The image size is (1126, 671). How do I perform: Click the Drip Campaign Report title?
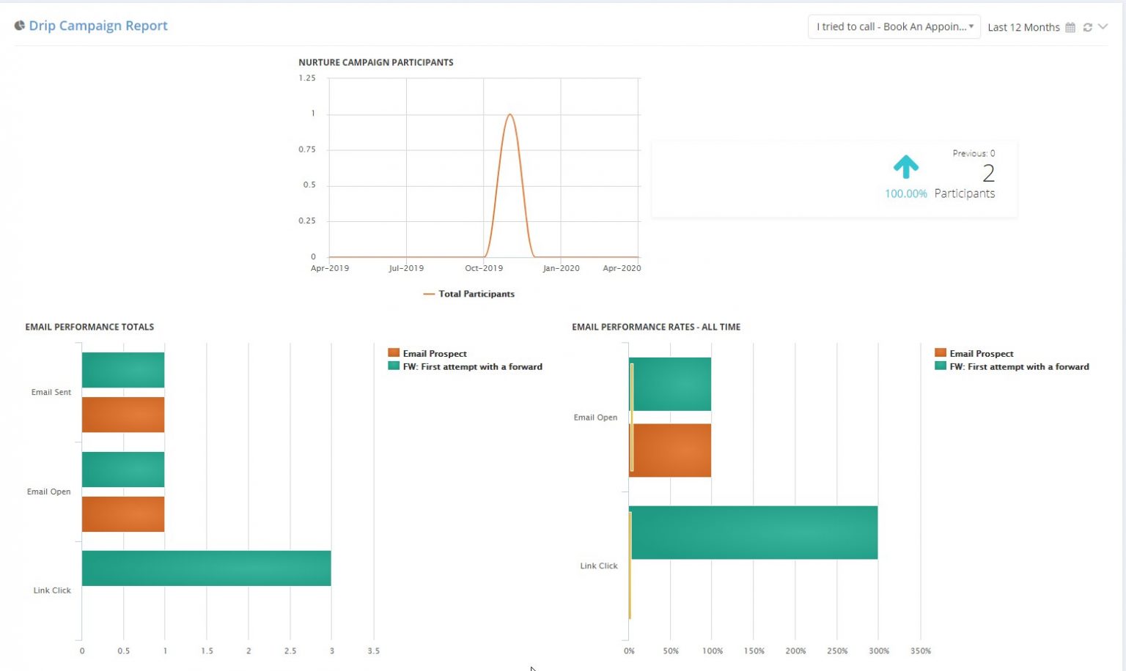click(97, 26)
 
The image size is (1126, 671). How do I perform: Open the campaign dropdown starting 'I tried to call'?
click(893, 27)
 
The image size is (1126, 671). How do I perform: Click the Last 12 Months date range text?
click(1023, 27)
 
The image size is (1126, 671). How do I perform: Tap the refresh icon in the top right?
click(1088, 27)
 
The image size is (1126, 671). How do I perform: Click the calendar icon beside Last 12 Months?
click(1070, 27)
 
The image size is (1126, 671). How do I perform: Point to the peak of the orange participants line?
click(509, 114)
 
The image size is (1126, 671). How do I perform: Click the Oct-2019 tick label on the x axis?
click(484, 268)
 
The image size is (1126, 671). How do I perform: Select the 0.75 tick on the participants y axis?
click(307, 149)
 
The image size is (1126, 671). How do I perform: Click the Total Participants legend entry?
click(476, 294)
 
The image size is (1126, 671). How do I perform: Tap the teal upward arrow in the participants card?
click(906, 166)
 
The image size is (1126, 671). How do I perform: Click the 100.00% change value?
click(905, 193)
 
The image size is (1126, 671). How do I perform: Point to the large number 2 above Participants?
click(988, 173)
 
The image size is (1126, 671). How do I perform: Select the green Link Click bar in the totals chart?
click(206, 568)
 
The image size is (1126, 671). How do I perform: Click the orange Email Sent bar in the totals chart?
click(123, 415)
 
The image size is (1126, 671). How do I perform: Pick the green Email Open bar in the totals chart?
click(123, 470)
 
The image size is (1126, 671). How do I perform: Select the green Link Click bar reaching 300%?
click(754, 533)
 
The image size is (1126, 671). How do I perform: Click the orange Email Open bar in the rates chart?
click(671, 451)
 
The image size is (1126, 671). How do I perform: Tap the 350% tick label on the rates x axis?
click(920, 650)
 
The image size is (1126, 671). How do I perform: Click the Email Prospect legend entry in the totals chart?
click(434, 353)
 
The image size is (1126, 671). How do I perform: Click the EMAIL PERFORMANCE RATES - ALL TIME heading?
click(655, 327)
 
